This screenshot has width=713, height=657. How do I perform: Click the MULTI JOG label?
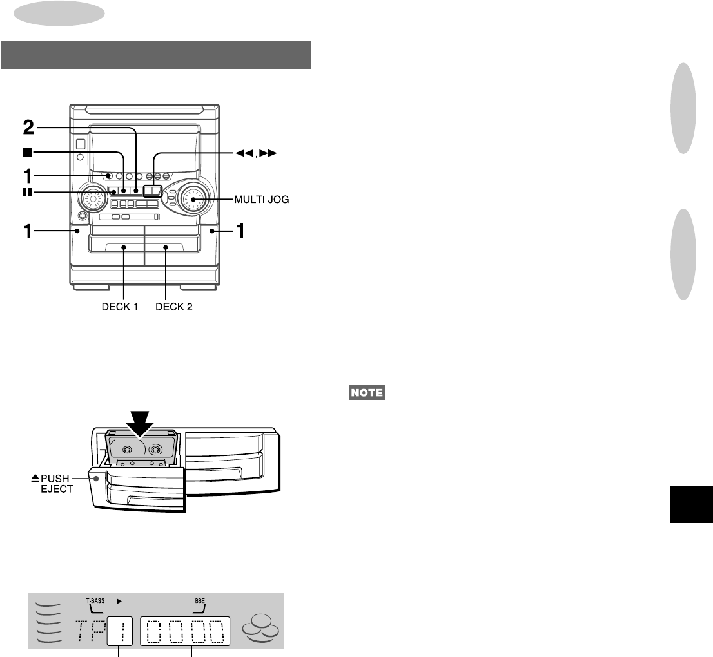tap(262, 200)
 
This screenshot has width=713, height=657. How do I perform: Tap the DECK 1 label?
tap(120, 307)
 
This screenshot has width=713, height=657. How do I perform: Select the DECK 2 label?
tap(173, 307)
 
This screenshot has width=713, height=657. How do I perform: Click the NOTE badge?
tap(367, 392)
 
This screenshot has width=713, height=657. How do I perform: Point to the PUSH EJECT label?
tap(52, 484)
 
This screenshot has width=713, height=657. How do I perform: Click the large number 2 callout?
tap(28, 128)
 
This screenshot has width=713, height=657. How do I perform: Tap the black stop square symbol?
tap(28, 152)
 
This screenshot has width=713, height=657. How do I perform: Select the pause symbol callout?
tap(28, 193)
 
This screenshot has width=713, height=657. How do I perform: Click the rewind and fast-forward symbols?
tap(256, 153)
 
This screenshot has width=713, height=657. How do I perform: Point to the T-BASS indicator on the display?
tap(95, 601)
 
